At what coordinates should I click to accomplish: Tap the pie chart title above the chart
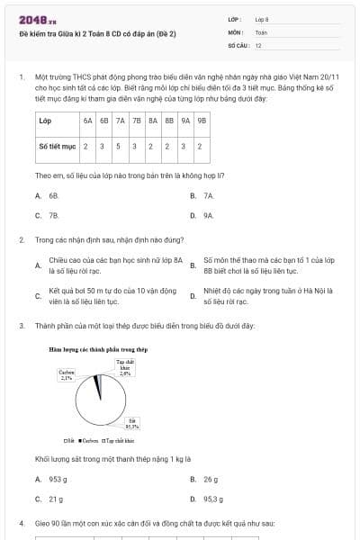tap(97, 348)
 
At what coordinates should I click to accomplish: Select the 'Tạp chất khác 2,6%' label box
tap(125, 366)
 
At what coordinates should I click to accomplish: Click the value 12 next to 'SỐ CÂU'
tap(258, 44)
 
